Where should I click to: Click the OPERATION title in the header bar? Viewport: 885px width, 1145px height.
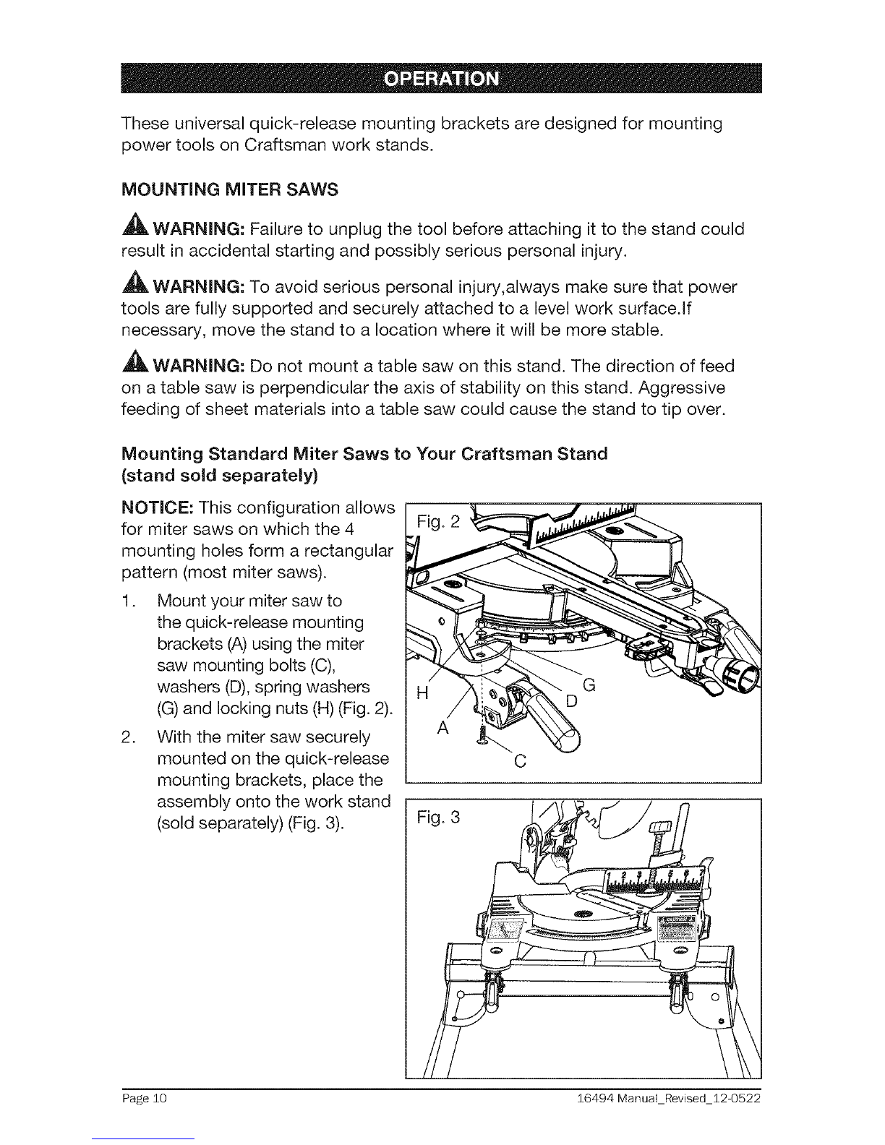[x=441, y=79]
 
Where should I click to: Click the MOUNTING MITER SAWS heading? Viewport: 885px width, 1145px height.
[x=230, y=189]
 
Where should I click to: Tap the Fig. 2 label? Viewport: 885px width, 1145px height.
[x=438, y=522]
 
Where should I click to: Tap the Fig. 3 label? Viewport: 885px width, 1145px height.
[x=438, y=818]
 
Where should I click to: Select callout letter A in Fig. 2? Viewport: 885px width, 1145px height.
[x=442, y=728]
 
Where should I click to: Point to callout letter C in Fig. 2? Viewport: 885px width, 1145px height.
[x=521, y=761]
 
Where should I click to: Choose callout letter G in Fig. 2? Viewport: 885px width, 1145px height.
[x=589, y=685]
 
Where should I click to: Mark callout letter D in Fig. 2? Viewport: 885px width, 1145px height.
[x=572, y=701]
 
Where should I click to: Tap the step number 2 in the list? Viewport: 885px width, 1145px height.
[x=127, y=737]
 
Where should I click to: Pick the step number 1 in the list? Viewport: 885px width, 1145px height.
[x=127, y=601]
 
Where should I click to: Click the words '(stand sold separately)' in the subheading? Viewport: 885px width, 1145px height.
[x=220, y=476]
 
